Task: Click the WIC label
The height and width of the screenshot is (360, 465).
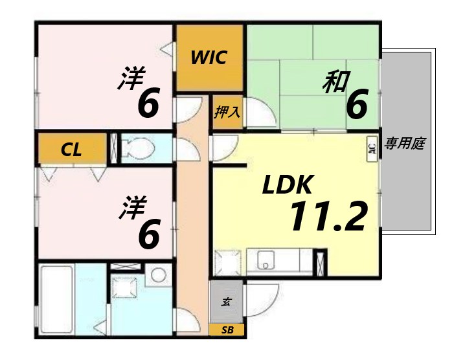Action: click(209, 57)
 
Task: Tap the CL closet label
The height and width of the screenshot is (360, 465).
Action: click(71, 150)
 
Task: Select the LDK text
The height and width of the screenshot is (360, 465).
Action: click(288, 186)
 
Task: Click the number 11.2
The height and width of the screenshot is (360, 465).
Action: click(328, 217)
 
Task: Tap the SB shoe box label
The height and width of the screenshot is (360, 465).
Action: click(227, 330)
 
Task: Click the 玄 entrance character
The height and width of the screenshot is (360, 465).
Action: click(227, 302)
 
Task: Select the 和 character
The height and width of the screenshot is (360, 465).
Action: click(337, 82)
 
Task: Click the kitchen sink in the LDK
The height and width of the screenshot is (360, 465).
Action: click(267, 261)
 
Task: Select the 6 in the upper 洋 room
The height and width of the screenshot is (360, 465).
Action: click(148, 104)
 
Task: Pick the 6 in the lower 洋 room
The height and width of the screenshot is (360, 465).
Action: click(149, 234)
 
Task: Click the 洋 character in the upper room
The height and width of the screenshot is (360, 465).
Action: click(131, 78)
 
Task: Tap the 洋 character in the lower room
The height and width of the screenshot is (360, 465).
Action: click(131, 209)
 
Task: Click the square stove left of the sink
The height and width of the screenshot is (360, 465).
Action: click(227, 262)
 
